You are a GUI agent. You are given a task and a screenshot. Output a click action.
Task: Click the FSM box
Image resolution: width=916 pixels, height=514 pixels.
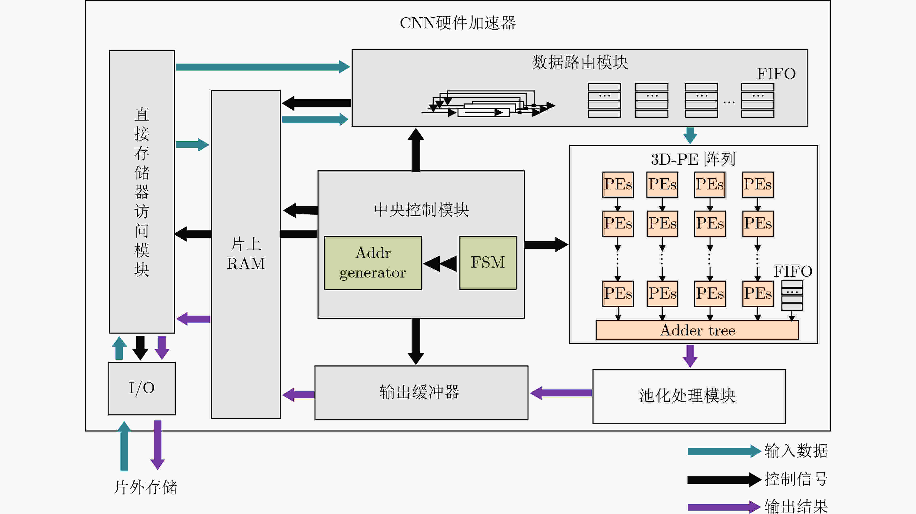[x=488, y=263]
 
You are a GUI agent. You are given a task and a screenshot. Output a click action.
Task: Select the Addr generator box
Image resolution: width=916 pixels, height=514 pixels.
[x=373, y=263]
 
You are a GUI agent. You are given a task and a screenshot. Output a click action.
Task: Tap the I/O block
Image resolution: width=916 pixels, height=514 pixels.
[x=142, y=388]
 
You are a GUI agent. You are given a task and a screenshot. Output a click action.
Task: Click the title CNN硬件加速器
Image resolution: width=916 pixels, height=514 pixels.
[x=458, y=23]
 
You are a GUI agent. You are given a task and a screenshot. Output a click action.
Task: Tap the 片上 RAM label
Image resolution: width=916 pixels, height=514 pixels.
[x=246, y=254]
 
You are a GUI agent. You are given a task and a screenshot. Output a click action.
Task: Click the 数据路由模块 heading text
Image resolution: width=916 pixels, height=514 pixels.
[x=580, y=62]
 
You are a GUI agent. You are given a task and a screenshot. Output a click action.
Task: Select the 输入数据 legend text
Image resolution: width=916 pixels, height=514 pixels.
[x=796, y=451]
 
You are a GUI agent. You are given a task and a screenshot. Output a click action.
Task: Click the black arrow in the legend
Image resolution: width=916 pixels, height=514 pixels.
[x=724, y=480]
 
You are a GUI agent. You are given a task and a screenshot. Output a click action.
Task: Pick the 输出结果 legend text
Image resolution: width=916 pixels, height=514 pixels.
[x=796, y=506]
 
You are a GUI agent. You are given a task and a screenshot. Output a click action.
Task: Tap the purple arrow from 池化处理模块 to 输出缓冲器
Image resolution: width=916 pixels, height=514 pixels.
[x=561, y=393]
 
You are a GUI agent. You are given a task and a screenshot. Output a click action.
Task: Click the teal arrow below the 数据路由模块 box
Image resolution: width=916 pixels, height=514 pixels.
[x=690, y=136]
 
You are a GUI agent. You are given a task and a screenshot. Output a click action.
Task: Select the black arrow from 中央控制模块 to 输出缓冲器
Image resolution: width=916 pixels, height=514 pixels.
[x=416, y=341]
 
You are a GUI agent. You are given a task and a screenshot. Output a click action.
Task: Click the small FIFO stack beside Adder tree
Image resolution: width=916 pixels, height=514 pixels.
[x=792, y=295]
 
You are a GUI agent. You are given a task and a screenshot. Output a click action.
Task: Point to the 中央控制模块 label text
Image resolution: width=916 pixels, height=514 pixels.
[x=421, y=210]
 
